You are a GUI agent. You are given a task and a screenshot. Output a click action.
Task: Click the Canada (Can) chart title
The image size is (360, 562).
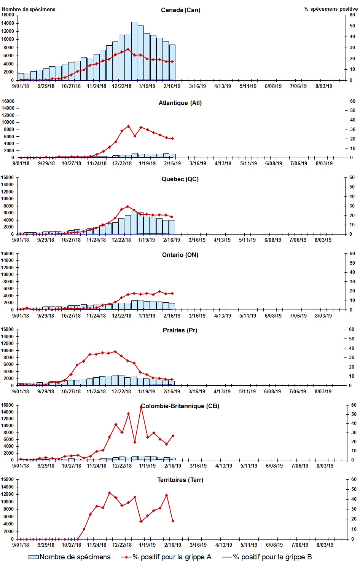pos(180,10)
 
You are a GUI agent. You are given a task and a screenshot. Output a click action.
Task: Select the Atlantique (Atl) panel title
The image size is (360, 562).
pos(180,103)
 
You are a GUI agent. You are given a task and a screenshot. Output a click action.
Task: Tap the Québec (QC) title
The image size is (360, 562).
pos(180,179)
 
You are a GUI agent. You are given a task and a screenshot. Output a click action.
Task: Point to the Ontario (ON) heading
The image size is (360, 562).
pos(180,255)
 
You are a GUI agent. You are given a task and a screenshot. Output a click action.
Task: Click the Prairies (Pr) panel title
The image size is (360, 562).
pos(180,330)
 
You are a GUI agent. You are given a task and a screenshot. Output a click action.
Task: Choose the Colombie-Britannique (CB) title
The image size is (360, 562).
pos(180,406)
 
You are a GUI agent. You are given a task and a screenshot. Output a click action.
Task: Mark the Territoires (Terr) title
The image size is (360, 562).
pos(180,480)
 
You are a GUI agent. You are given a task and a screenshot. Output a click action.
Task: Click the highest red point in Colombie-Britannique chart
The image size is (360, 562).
pos(141,407)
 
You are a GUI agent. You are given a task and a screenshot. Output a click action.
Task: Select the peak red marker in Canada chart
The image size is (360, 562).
pos(128,49)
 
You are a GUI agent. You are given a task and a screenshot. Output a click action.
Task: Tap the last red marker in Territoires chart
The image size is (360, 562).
pos(173,521)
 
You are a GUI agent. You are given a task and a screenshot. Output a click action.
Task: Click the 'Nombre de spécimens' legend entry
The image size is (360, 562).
pos(70,557)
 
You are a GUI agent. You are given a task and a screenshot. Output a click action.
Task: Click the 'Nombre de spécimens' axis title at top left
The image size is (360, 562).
pos(29,9)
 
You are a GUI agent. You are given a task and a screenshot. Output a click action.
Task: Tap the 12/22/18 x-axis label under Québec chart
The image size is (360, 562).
pos(121,240)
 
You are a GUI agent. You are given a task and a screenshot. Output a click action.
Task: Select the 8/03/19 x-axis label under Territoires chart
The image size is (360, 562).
pos(324,545)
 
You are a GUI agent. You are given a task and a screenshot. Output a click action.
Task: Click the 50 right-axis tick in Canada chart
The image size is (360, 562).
pos(352,26)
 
